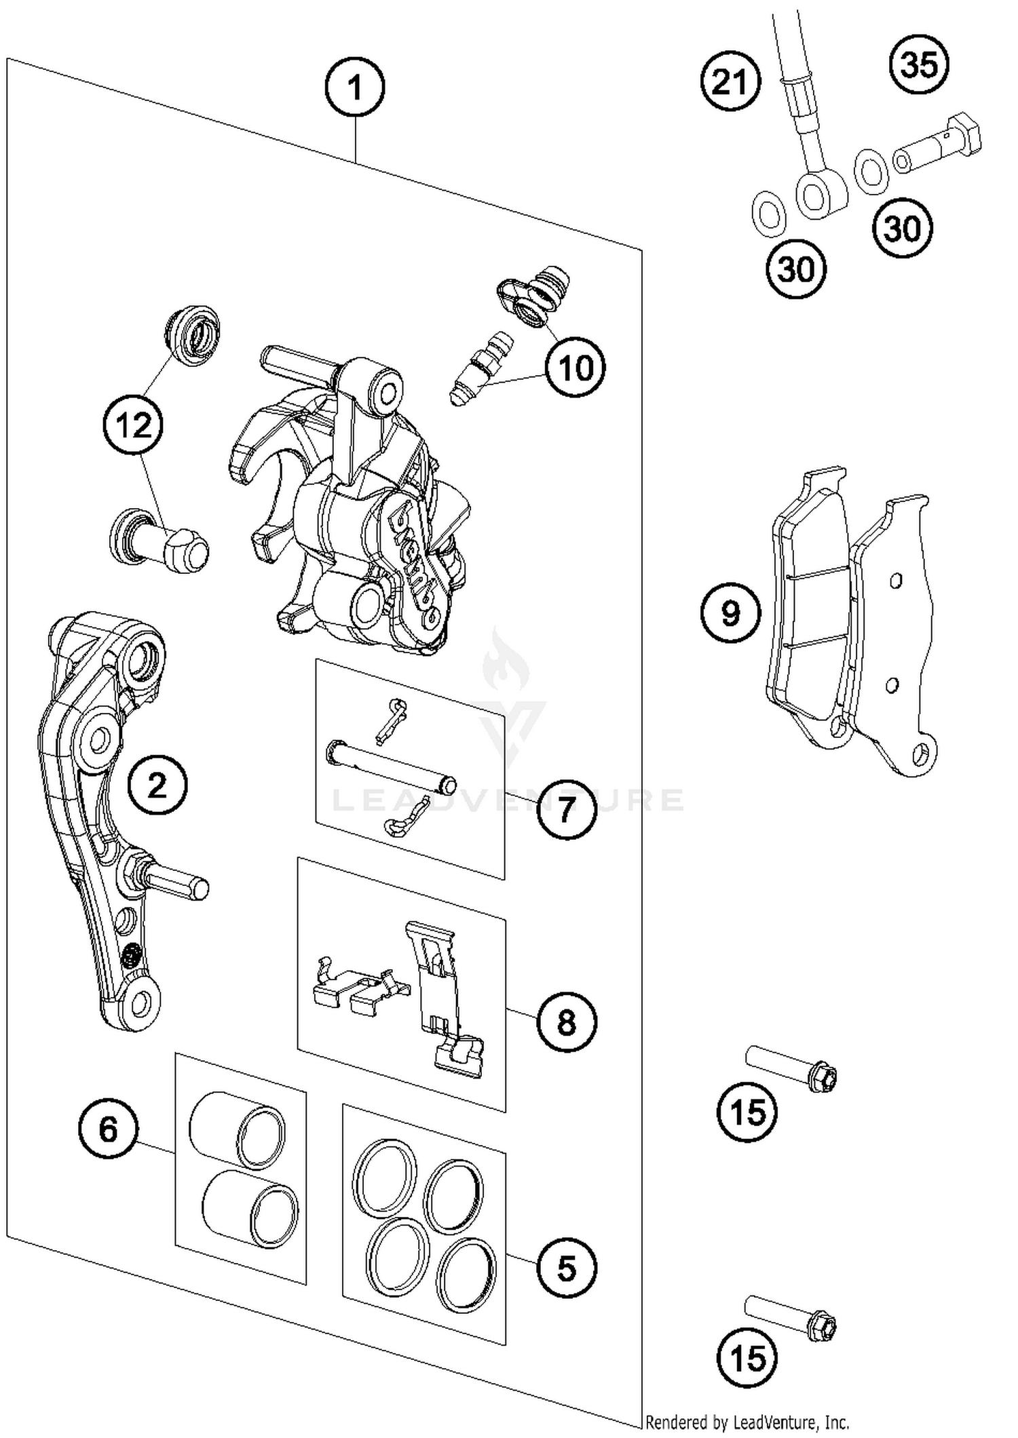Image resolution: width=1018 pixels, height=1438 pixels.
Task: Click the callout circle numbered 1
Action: click(x=354, y=88)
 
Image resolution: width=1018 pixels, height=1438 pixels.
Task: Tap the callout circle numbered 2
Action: click(x=157, y=785)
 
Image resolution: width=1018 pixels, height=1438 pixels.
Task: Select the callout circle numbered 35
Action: click(x=919, y=65)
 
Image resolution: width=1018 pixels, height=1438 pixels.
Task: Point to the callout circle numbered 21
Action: click(x=730, y=82)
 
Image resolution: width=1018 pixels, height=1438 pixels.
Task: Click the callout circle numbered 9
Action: click(x=730, y=613)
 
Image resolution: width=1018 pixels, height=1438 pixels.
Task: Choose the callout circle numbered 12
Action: click(x=133, y=425)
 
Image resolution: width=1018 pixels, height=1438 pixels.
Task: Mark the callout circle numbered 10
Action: click(x=576, y=368)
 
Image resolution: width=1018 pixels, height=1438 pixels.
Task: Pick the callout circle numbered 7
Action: click(x=566, y=809)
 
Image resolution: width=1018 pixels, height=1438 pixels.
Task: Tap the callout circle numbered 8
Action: click(x=566, y=1022)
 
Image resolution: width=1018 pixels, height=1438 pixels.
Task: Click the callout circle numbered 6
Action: click(x=108, y=1129)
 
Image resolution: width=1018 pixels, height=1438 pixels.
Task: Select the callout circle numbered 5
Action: click(x=566, y=1268)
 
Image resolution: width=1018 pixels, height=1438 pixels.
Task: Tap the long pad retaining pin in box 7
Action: click(x=391, y=768)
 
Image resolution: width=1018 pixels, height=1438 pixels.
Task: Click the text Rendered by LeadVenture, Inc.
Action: click(x=747, y=1422)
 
